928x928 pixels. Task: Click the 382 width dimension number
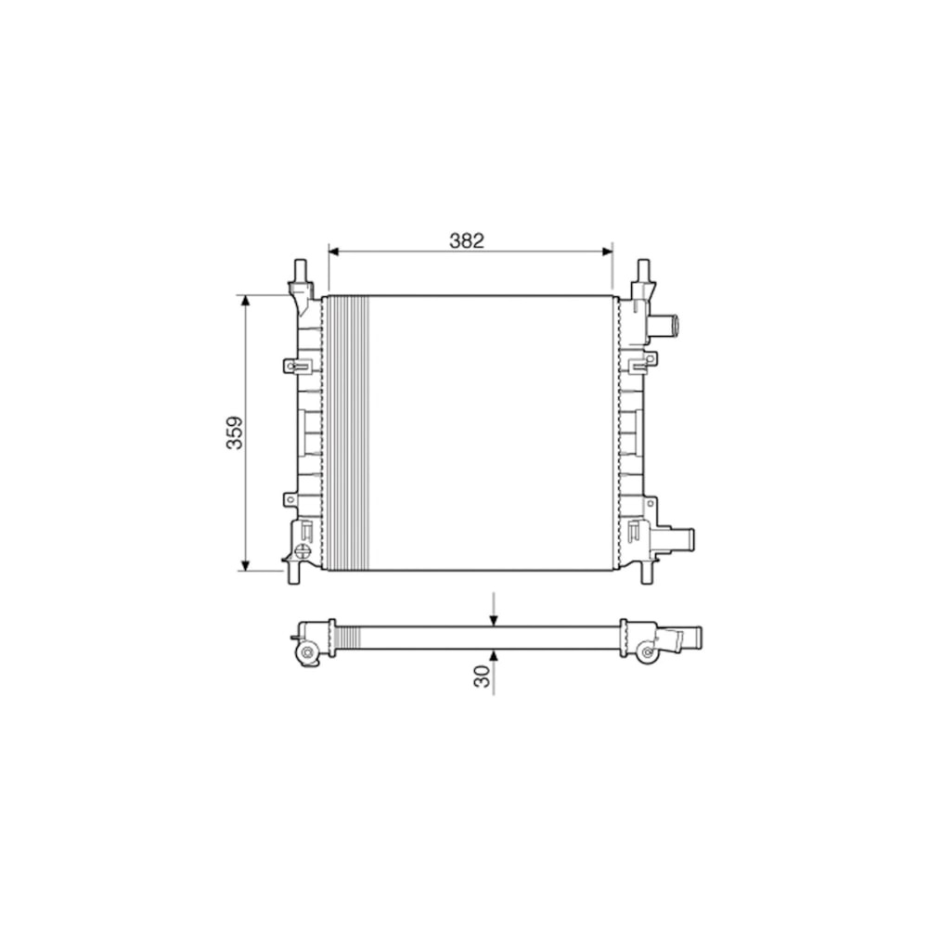tap(467, 240)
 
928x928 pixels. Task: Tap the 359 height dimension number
tap(235, 432)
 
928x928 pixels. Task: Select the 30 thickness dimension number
tap(483, 676)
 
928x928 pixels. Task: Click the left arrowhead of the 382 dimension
tap(333, 251)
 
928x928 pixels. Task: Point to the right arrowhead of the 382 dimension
tap(607, 251)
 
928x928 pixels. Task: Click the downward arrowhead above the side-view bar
tap(494, 621)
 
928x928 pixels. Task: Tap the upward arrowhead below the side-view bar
tap(494, 654)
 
